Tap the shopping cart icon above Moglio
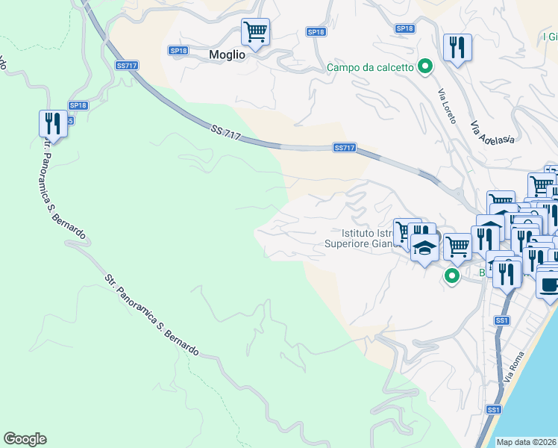tap(255, 33)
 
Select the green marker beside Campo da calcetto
tap(425, 67)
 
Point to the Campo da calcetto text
tap(371, 67)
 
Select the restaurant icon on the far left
tap(53, 123)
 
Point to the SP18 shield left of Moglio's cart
tap(178, 51)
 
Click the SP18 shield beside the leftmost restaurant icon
tap(78, 106)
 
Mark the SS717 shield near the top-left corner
tap(127, 66)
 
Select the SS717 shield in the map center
tap(344, 148)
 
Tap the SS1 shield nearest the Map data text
tap(493, 409)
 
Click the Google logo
tap(25, 439)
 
